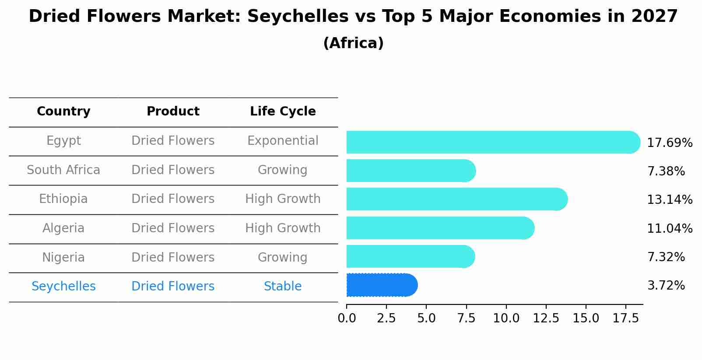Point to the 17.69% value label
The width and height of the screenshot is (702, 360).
pos(669,143)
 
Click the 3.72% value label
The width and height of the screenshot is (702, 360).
pos(666,286)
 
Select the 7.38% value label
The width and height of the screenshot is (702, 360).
pos(666,171)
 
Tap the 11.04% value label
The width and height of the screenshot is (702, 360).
pos(669,228)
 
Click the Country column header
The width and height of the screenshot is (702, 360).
pos(63,112)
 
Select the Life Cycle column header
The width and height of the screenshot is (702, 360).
pos(283,112)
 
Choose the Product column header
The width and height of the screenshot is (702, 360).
pos(173,112)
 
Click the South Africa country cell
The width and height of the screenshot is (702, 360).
pos(63,170)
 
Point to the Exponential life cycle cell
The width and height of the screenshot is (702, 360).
pos(283,141)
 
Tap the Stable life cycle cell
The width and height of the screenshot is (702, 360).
pos(283,287)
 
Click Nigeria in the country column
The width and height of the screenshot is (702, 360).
pos(63,257)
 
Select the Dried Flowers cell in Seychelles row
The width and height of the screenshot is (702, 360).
pos(173,287)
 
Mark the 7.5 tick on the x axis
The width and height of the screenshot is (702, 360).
pos(466,318)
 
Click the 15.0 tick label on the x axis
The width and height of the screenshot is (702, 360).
pos(586,318)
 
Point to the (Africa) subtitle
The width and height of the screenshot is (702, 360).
pos(353,43)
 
